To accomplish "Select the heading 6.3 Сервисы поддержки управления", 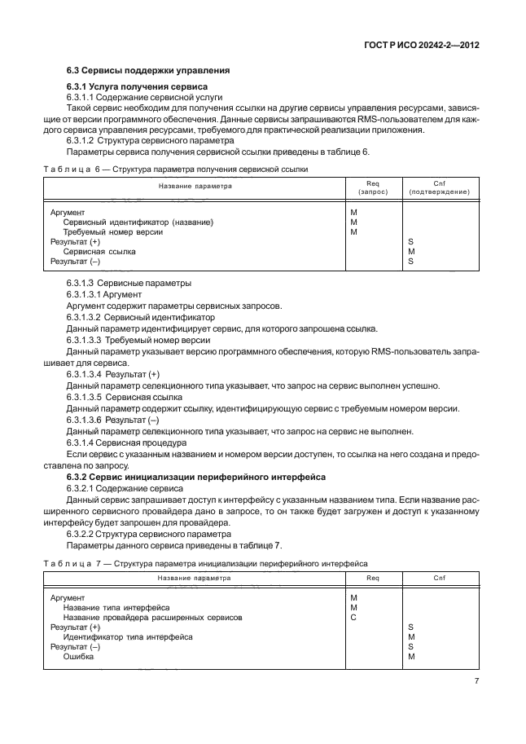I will (x=148, y=70).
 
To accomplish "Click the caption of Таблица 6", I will (x=180, y=169).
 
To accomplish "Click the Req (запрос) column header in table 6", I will (x=373, y=187).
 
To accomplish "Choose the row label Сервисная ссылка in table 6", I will (x=99, y=252).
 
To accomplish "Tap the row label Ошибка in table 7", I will (x=79, y=657).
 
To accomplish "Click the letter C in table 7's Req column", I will (x=353, y=618).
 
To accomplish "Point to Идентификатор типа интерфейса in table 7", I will (x=127, y=637).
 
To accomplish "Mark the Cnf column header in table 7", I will (x=440, y=578).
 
